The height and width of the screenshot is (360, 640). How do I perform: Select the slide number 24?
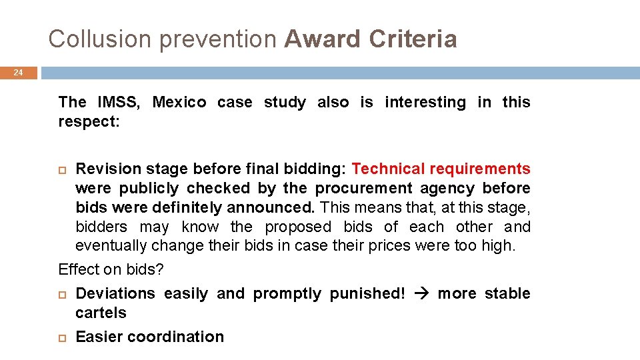(x=19, y=73)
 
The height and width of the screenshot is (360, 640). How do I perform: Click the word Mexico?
(x=179, y=103)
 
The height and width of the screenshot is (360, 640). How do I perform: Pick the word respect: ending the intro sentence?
(x=89, y=122)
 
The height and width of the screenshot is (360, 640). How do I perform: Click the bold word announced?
(x=274, y=208)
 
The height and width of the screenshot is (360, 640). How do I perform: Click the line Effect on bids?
(x=111, y=270)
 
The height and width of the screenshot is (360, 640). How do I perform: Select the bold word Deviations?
(x=115, y=294)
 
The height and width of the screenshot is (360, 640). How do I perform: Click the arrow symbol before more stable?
(x=421, y=294)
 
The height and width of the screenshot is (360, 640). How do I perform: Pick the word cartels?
(x=101, y=313)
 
